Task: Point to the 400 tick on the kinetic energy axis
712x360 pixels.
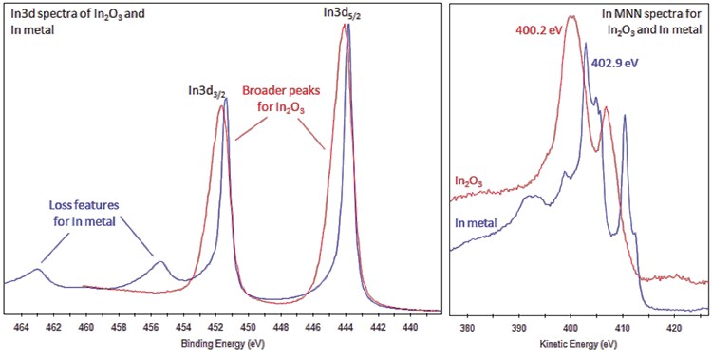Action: [x=570, y=328]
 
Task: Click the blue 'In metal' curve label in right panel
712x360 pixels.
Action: [x=476, y=223]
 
